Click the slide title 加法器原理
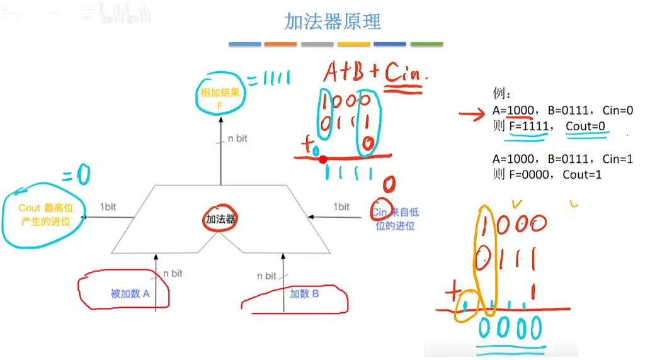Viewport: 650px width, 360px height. tap(333, 21)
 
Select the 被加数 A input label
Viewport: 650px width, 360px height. tap(130, 293)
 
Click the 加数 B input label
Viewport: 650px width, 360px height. tap(304, 293)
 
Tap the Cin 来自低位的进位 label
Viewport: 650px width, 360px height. tap(395, 219)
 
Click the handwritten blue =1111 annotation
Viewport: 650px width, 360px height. tap(268, 79)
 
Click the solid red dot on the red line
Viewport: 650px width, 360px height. tap(322, 159)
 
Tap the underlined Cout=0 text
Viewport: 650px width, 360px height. tap(584, 126)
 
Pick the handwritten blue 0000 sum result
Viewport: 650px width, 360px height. tap(510, 327)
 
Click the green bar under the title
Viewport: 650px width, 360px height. tap(426, 45)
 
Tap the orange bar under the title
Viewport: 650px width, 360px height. tap(280, 45)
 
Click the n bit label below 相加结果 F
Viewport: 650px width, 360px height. tap(237, 138)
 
